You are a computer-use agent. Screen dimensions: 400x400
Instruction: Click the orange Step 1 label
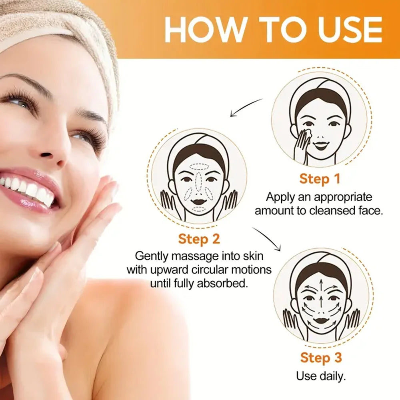pyautogui.click(x=319, y=179)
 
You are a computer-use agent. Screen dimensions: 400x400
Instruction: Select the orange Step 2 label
pyautogui.click(x=199, y=239)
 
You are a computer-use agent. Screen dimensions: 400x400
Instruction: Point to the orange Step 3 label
pyautogui.click(x=321, y=358)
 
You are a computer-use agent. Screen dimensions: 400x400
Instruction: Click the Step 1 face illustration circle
pyautogui.click(x=319, y=122)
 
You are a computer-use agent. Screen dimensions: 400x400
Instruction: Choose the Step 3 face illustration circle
pyautogui.click(x=321, y=298)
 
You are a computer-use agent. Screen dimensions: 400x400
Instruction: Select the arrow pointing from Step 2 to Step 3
pyautogui.click(x=267, y=238)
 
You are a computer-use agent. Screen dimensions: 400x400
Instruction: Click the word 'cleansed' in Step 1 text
pyautogui.click(x=332, y=210)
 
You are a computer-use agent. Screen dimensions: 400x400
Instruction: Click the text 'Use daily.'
pyautogui.click(x=321, y=376)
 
